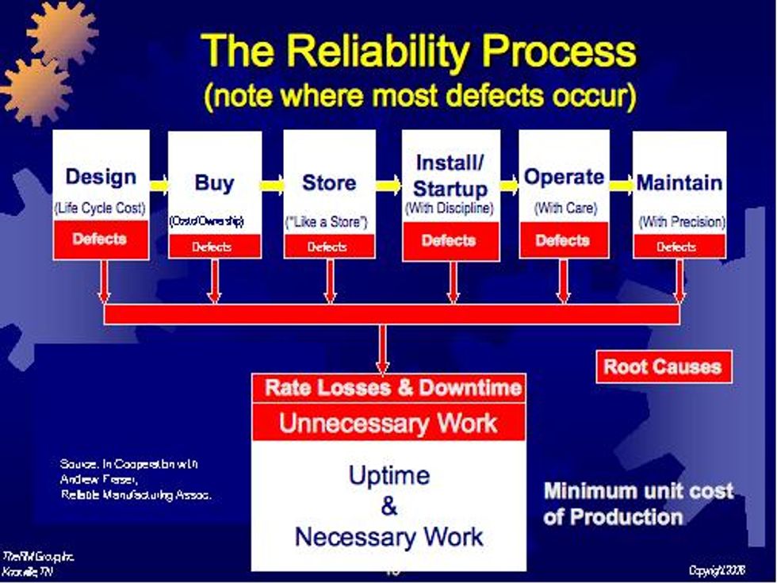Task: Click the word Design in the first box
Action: pyautogui.click(x=101, y=177)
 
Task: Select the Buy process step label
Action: pyautogui.click(x=214, y=182)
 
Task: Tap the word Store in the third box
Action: pyautogui.click(x=329, y=182)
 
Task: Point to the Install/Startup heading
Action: pyautogui.click(x=450, y=175)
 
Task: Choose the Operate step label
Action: pyautogui.click(x=564, y=177)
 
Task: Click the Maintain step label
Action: pyautogui.click(x=679, y=182)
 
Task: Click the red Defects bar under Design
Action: pyautogui.click(x=101, y=240)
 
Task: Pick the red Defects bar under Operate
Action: pyautogui.click(x=564, y=240)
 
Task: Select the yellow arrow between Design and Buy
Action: pyautogui.click(x=159, y=186)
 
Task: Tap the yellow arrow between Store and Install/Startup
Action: pyautogui.click(x=388, y=186)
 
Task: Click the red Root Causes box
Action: pyautogui.click(x=663, y=366)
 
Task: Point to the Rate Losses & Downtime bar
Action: pyautogui.click(x=388, y=388)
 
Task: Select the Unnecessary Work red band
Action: pyautogui.click(x=388, y=422)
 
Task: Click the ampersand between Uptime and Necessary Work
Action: pyautogui.click(x=388, y=506)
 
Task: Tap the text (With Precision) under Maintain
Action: pyautogui.click(x=681, y=222)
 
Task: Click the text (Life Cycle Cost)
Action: pyautogui.click(x=101, y=209)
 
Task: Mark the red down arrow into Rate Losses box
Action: pyautogui.click(x=382, y=349)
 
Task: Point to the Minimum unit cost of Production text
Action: pyautogui.click(x=637, y=504)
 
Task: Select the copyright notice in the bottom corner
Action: pyautogui.click(x=721, y=570)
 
